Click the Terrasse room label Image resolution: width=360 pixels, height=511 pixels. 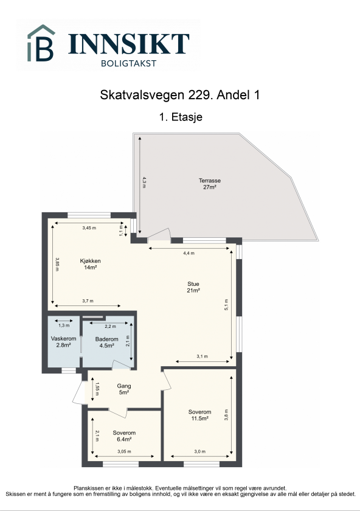click(209, 181)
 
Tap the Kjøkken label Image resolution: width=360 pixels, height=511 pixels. click(90, 261)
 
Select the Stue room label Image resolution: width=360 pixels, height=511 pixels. click(193, 283)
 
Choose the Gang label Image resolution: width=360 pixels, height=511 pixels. click(124, 386)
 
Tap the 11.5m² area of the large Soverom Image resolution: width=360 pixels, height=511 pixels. click(198, 419)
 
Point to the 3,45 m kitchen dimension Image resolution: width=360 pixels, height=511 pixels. click(89, 228)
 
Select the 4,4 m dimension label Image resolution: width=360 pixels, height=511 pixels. click(189, 253)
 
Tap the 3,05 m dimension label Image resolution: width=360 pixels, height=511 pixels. click(125, 453)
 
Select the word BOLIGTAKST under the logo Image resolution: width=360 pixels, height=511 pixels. click(128, 62)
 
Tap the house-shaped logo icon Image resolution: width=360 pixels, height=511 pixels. click(41, 43)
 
